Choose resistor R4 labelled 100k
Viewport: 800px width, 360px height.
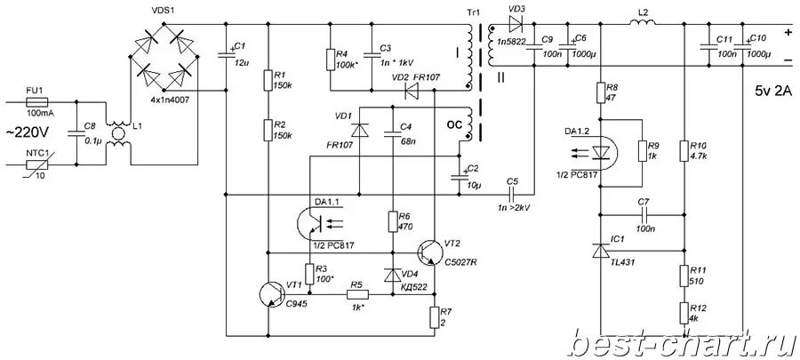click(x=331, y=60)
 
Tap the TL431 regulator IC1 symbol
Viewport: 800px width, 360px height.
click(x=602, y=252)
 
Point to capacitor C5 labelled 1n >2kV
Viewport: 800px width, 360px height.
click(x=512, y=194)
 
